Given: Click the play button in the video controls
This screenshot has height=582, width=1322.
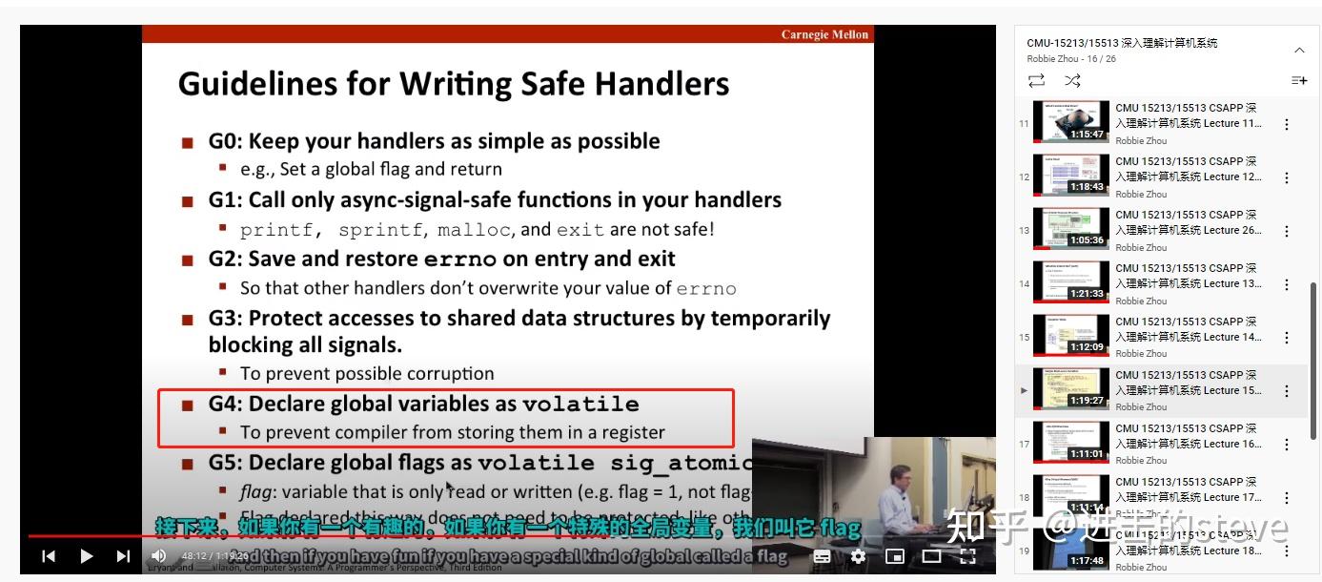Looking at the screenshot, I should tap(87, 555).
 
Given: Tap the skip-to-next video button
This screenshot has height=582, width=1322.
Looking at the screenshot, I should tap(123, 555).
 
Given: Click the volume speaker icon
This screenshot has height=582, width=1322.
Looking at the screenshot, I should tap(159, 555).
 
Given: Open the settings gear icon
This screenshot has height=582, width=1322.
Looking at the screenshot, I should tap(858, 556).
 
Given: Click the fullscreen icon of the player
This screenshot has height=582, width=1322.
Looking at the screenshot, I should tap(967, 556).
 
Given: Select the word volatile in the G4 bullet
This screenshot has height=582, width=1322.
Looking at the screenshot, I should tap(580, 405).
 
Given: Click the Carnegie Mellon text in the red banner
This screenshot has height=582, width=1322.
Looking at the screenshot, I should tap(824, 35).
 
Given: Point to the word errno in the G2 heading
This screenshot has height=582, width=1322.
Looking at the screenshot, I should tap(460, 260).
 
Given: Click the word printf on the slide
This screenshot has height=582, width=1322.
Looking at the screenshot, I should tap(274, 230).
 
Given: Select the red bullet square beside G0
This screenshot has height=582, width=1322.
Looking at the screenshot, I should tap(188, 142).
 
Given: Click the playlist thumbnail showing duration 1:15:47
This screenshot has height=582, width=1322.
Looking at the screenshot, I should tap(1071, 123).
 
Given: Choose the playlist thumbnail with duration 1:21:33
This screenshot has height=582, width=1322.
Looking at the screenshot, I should tap(1071, 283).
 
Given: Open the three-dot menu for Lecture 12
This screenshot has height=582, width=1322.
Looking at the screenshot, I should tap(1287, 177).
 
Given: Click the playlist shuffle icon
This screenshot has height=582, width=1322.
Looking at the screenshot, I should tap(1072, 81).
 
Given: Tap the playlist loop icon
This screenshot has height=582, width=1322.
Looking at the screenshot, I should tap(1036, 81).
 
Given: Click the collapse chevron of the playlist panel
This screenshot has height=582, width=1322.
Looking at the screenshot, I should tap(1299, 50).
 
